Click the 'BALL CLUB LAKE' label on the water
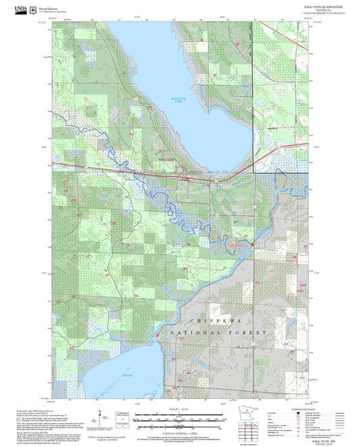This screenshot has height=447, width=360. click(x=179, y=101)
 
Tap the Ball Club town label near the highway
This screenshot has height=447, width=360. click(x=165, y=159)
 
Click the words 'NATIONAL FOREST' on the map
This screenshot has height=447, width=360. click(x=219, y=333)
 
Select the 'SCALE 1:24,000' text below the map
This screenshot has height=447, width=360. click(x=180, y=410)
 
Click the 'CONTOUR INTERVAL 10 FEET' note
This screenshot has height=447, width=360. click(x=180, y=431)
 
